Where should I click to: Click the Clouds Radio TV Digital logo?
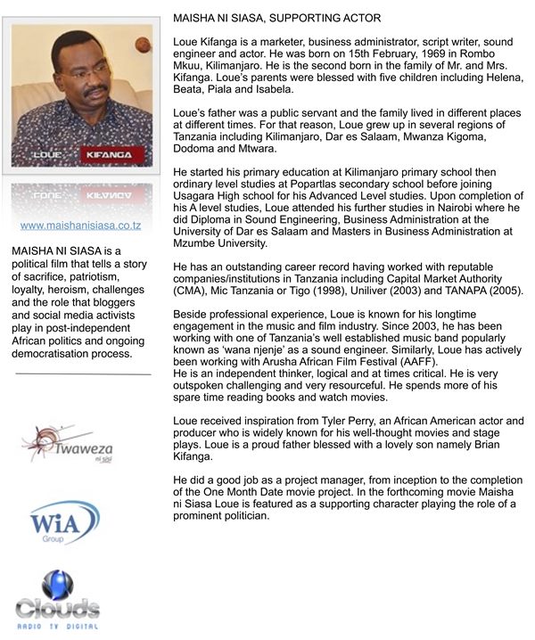point(58,599)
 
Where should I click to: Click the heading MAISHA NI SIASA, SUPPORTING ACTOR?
point(276,18)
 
